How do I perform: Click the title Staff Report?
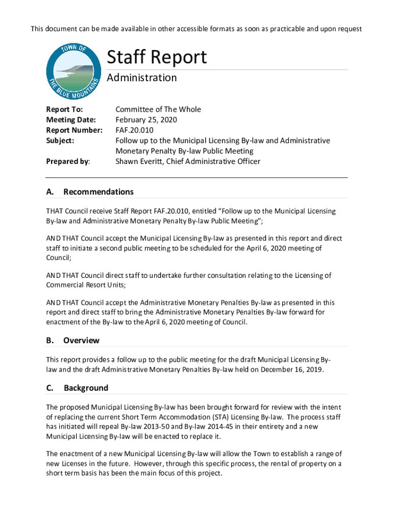pyautogui.click(x=156, y=57)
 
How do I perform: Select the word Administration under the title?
pyautogui.click(x=141, y=78)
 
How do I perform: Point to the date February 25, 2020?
pyautogui.click(x=146, y=120)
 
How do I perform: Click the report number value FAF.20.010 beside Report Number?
pyautogui.click(x=134, y=130)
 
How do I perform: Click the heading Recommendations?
pyautogui.click(x=98, y=192)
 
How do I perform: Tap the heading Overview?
pyautogui.click(x=81, y=340)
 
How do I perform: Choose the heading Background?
pyautogui.click(x=86, y=388)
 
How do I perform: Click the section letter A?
pyautogui.click(x=50, y=192)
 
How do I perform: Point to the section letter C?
pyautogui.click(x=50, y=388)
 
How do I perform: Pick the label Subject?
pyautogui.click(x=60, y=140)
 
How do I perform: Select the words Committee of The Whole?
pyautogui.click(x=158, y=109)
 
